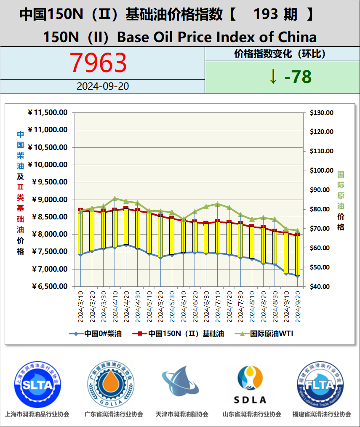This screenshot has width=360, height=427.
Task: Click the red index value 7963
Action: [98, 63]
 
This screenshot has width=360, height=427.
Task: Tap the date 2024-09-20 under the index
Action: [103, 86]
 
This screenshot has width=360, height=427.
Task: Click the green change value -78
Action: [290, 77]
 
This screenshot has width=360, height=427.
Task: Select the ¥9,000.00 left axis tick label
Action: [49, 200]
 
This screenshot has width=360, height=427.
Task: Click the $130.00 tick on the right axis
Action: [321, 112]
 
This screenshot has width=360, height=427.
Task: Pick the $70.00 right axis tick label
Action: [321, 229]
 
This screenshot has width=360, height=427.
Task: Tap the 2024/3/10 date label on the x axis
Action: [80, 306]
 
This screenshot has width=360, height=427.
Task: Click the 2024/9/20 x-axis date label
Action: [297, 306]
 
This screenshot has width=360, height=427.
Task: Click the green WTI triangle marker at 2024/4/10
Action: [115, 198]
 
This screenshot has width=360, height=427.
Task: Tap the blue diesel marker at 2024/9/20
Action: [297, 276]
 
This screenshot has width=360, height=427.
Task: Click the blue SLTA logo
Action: [37, 384]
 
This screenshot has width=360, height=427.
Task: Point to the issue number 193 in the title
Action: [266, 15]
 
